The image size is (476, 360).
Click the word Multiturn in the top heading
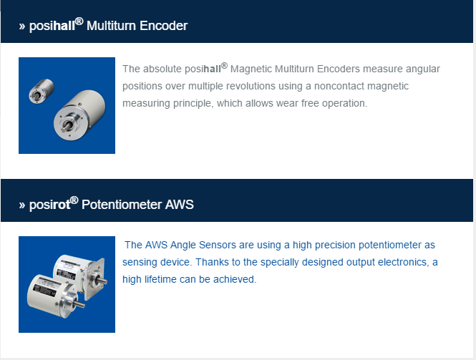pos(110,26)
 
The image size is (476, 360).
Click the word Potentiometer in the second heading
pos(122,205)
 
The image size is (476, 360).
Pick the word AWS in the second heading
pos(180,205)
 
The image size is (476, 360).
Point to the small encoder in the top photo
pos(42,90)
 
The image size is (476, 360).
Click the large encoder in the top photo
pos(79,115)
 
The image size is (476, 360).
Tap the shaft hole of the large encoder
pos(67,125)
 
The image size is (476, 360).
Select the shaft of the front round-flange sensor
pos(79,303)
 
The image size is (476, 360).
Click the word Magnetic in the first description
pos(251,69)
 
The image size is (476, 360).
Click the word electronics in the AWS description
pos(402,262)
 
